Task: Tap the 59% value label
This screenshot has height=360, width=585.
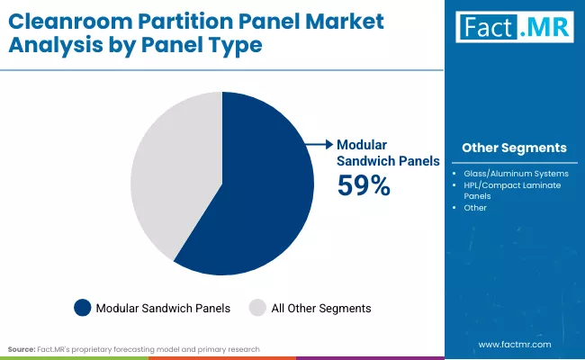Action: [364, 185]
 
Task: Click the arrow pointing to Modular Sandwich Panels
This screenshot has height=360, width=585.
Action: [318, 143]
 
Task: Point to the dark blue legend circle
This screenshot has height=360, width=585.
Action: [83, 308]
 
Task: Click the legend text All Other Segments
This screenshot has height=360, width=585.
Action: [322, 308]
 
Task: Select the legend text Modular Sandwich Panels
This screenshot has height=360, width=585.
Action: [163, 308]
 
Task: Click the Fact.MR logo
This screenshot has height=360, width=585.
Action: [514, 29]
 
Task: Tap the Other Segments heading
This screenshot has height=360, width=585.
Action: [514, 148]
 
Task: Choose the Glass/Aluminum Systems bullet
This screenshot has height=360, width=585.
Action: [516, 173]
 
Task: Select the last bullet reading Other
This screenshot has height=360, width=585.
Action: [475, 207]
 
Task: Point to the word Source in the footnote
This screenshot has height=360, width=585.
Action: [22, 347]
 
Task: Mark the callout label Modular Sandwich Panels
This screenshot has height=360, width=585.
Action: [387, 152]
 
